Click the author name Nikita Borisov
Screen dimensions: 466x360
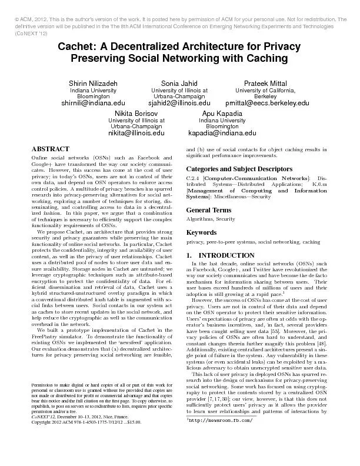136,112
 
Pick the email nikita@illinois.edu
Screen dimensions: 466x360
136,134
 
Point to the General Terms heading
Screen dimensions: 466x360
209,210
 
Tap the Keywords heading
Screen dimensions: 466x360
202,232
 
